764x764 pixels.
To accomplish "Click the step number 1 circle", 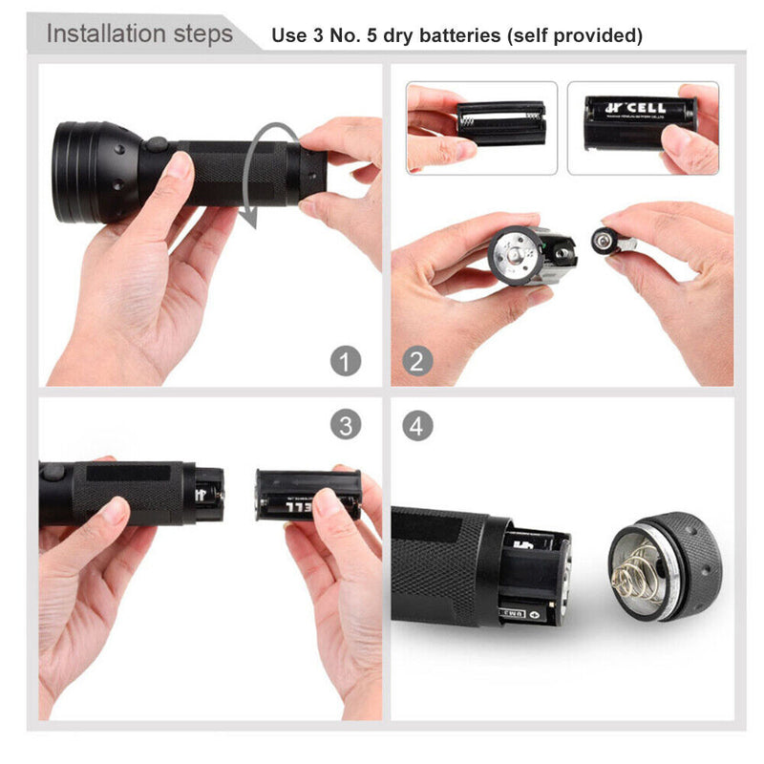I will tap(346, 361).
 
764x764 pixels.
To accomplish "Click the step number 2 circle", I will tap(416, 361).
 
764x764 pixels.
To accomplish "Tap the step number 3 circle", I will tap(346, 424).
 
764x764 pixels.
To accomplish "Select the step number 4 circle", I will tap(416, 424).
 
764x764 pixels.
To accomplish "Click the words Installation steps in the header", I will tap(139, 34).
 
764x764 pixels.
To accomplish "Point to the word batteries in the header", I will tap(449, 36).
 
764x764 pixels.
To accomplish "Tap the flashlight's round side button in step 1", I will tap(156, 145).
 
